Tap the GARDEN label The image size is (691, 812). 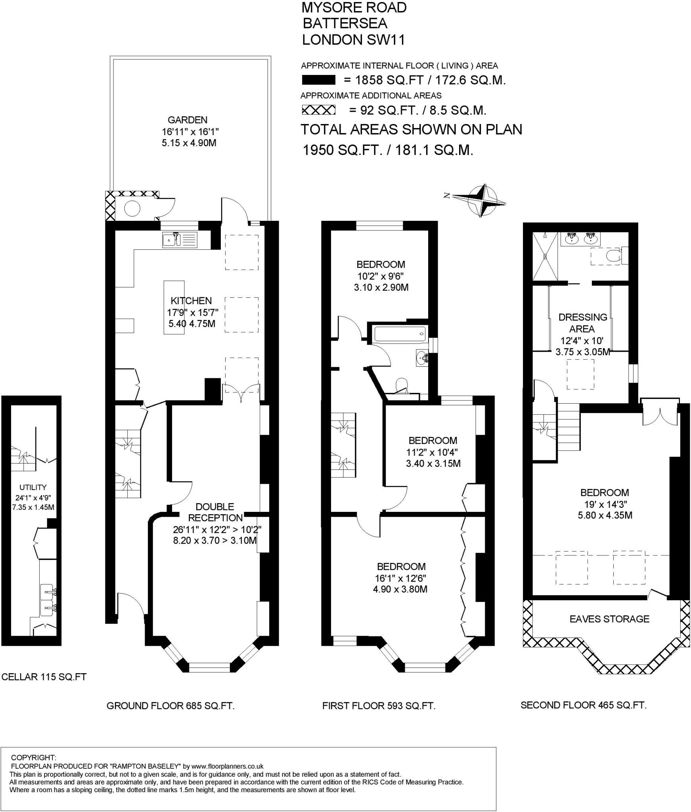pos(188,120)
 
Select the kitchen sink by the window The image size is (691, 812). pos(180,240)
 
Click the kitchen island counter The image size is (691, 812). pos(174,307)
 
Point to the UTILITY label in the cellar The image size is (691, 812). pos(33,487)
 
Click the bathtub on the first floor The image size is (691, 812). pos(400,334)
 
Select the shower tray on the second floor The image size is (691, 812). pos(545,256)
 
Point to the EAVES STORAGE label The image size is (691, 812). pos(609,619)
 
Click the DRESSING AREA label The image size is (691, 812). pos(582,323)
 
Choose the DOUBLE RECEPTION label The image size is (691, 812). pos(215,512)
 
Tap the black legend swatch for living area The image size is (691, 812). pos(319,80)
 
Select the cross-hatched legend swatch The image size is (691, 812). pos(319,110)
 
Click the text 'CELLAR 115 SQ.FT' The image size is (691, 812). pos(44,677)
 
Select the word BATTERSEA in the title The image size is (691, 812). pos(345,23)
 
